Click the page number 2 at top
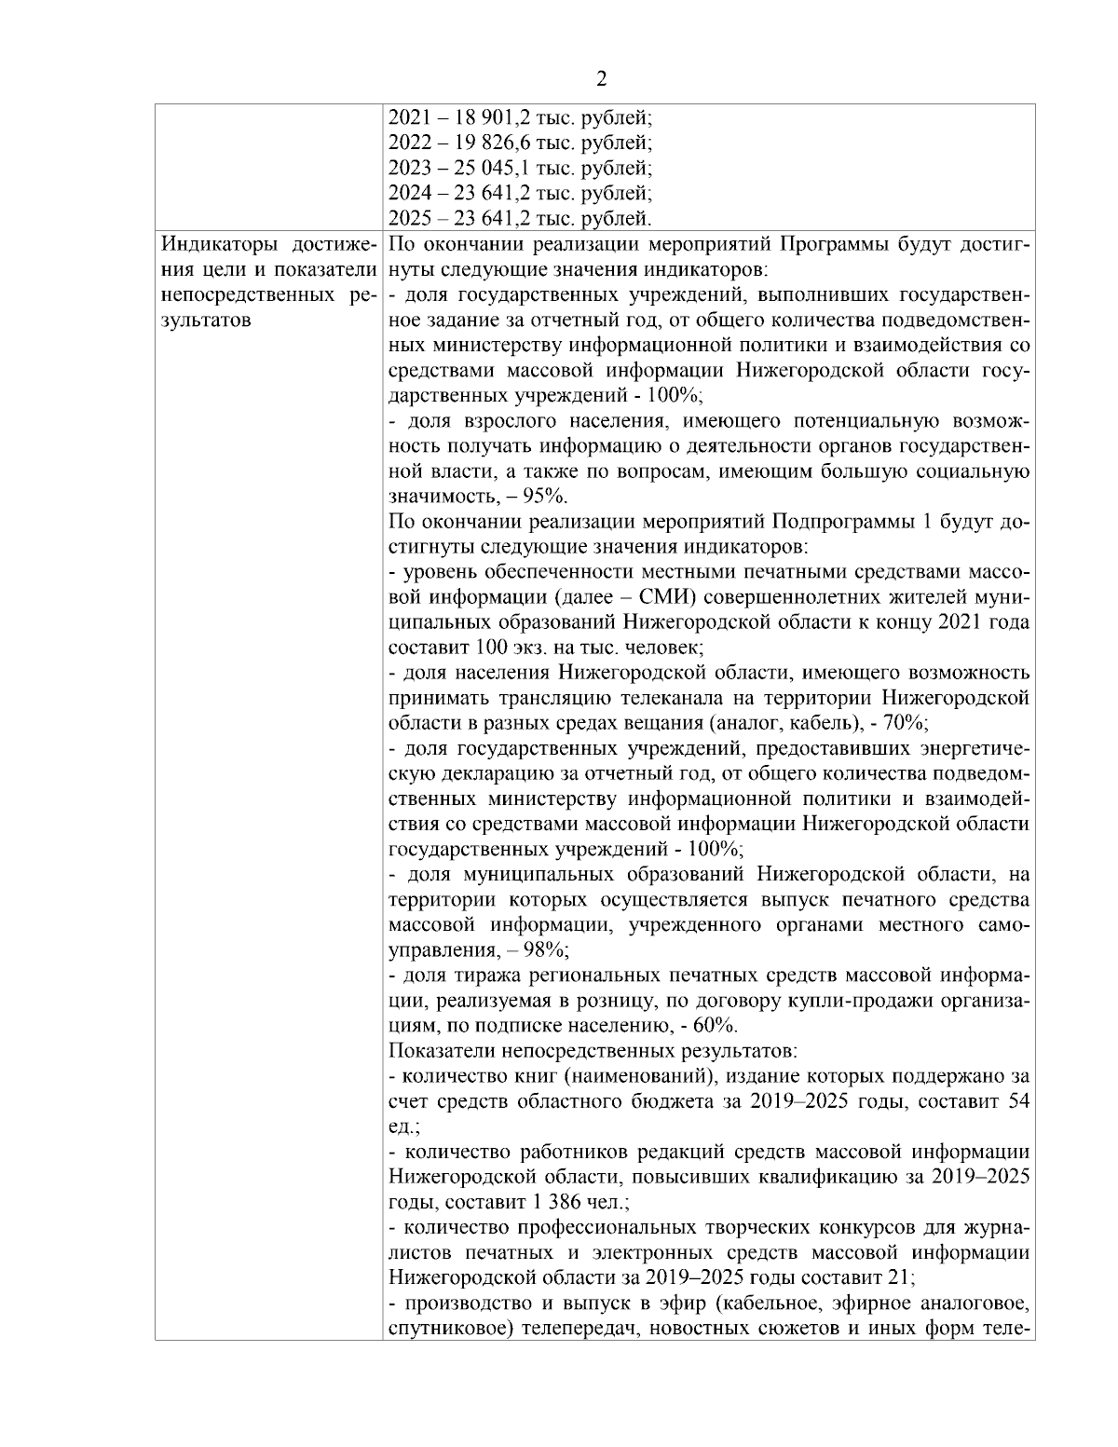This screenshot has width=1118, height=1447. (601, 78)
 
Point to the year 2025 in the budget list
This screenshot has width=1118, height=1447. (406, 219)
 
